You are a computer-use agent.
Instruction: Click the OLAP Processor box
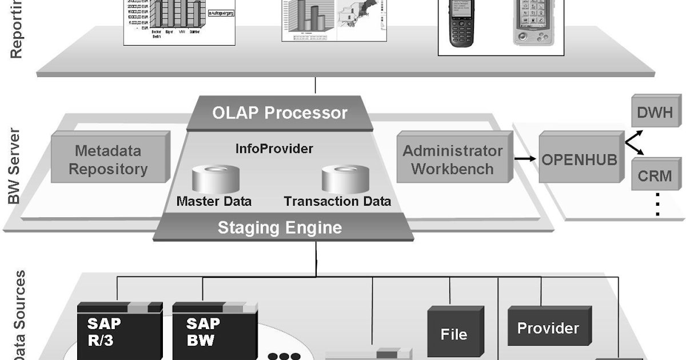[x=280, y=113]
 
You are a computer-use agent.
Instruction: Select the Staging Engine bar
[x=280, y=228]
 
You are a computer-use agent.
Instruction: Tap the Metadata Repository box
[x=109, y=160]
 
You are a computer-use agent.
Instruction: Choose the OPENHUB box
[x=580, y=159]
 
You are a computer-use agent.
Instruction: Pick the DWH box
[x=655, y=112]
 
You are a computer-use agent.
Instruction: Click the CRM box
[x=655, y=175]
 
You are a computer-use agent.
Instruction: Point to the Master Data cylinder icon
[x=214, y=179]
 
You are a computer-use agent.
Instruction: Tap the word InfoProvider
[x=274, y=149]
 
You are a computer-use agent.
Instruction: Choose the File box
[x=454, y=334]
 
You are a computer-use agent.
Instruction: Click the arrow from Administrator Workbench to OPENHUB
[x=525, y=159]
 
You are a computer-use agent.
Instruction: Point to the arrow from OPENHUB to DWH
[x=634, y=137]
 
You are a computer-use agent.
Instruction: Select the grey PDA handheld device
[x=529, y=23]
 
